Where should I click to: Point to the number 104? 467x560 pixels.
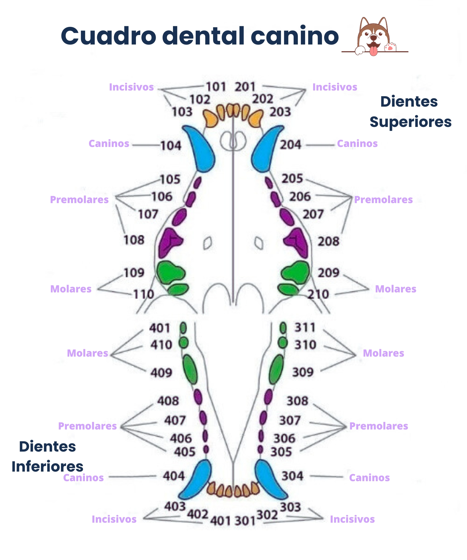pyautogui.click(x=171, y=146)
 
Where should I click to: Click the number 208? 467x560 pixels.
pyautogui.click(x=328, y=241)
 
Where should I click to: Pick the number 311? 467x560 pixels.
pyautogui.click(x=305, y=327)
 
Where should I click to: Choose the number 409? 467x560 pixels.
pyautogui.click(x=161, y=373)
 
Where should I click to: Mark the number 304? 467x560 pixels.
pyautogui.click(x=293, y=476)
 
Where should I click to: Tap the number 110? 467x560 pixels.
pyautogui.click(x=143, y=294)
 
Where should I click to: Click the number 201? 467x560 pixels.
pyautogui.click(x=245, y=87)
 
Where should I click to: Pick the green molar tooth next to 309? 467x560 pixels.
pyautogui.click(x=276, y=369)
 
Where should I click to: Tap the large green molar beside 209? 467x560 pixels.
pyautogui.click(x=296, y=272)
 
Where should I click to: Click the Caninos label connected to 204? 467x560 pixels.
pyautogui.click(x=357, y=144)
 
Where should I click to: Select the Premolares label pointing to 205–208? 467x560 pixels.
pyautogui.click(x=383, y=200)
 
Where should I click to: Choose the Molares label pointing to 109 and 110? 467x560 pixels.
pyautogui.click(x=71, y=289)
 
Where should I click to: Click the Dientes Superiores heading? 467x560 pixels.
pyautogui.click(x=410, y=112)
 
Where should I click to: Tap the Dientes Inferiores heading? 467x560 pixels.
pyautogui.click(x=47, y=456)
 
